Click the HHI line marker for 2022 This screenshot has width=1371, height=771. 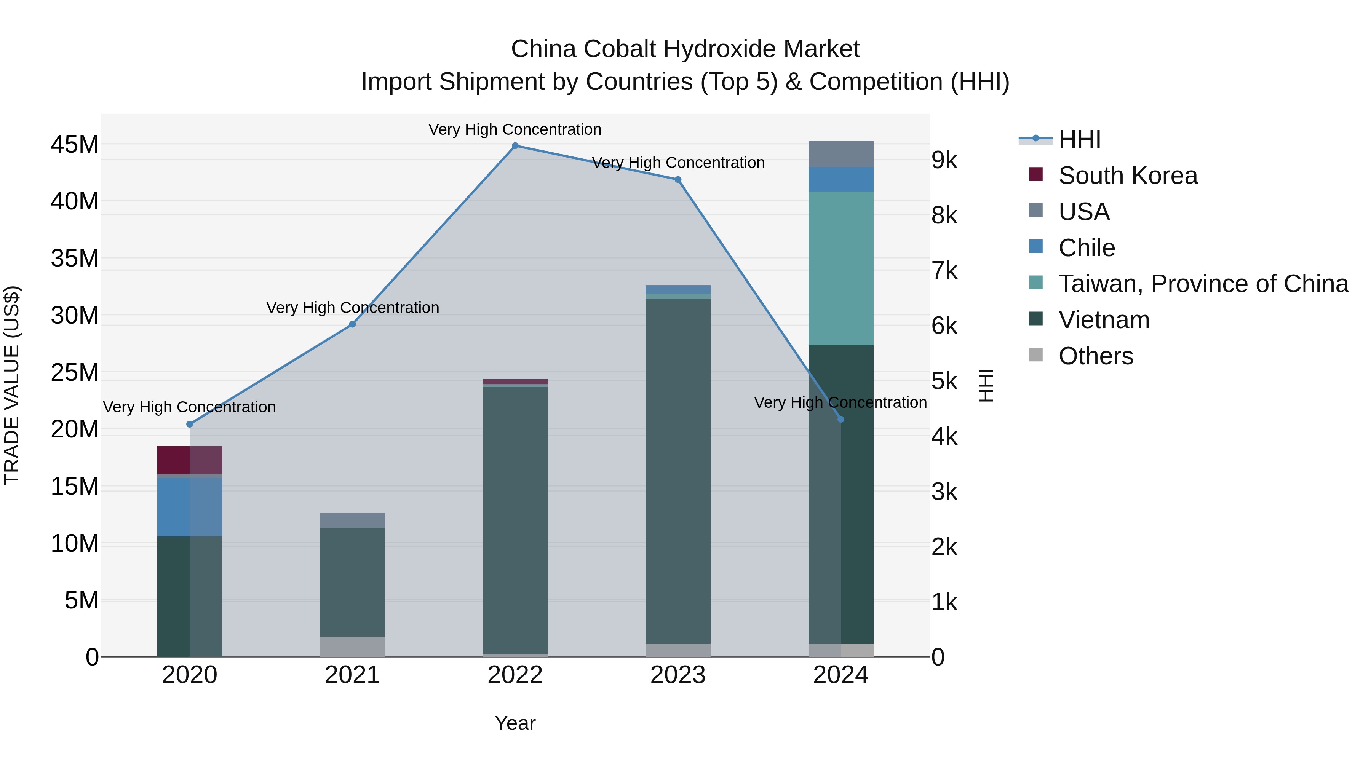tap(515, 146)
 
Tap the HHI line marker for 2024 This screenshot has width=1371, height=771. tap(841, 419)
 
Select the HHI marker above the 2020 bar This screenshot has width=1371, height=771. tap(190, 424)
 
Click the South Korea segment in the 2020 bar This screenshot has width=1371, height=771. tap(190, 460)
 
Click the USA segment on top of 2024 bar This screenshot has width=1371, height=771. tap(841, 154)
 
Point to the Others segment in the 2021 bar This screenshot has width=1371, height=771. tap(352, 646)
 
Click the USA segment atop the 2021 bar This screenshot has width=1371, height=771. tap(352, 520)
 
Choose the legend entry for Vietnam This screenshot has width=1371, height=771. tap(1104, 320)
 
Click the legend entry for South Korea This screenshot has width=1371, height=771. tap(1128, 176)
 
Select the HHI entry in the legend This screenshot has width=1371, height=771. tap(1079, 139)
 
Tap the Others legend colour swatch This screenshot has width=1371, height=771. tap(1036, 355)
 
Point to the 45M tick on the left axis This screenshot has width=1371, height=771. tap(75, 145)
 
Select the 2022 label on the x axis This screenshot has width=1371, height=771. tap(515, 675)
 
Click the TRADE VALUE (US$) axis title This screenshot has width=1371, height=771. tap(12, 385)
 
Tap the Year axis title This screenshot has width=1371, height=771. tap(515, 723)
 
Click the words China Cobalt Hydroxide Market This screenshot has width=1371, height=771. tap(685, 49)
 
